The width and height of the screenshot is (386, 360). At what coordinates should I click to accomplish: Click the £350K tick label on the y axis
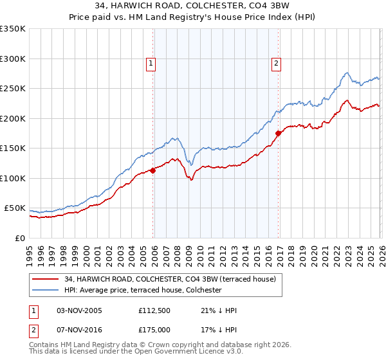(13, 29)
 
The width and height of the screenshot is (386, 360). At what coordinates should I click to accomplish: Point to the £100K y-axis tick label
(13, 178)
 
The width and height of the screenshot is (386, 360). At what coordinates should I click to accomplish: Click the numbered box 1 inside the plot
(151, 63)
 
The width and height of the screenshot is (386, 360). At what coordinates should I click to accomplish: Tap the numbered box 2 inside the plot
(276, 63)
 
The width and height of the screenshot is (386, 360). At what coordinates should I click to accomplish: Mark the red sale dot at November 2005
(152, 170)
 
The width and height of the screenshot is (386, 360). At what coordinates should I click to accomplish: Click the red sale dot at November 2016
(278, 134)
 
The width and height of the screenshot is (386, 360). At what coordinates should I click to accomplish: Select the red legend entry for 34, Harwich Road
(170, 279)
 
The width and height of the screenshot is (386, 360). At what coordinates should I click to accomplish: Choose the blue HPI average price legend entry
(142, 291)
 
